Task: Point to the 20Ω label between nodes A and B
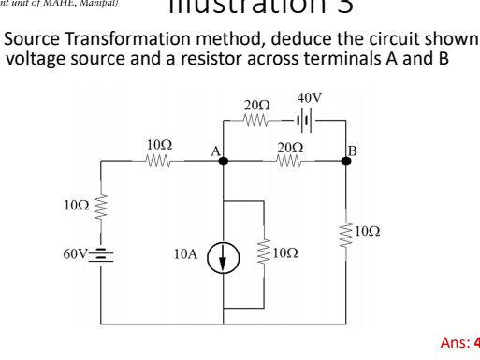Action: pyautogui.click(x=290, y=146)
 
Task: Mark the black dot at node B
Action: pyautogui.click(x=345, y=161)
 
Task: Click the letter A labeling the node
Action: pyautogui.click(x=214, y=150)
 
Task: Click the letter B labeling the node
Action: pyautogui.click(x=353, y=149)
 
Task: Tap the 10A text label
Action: pyautogui.click(x=185, y=254)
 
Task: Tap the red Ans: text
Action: pyautogui.click(x=458, y=342)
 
